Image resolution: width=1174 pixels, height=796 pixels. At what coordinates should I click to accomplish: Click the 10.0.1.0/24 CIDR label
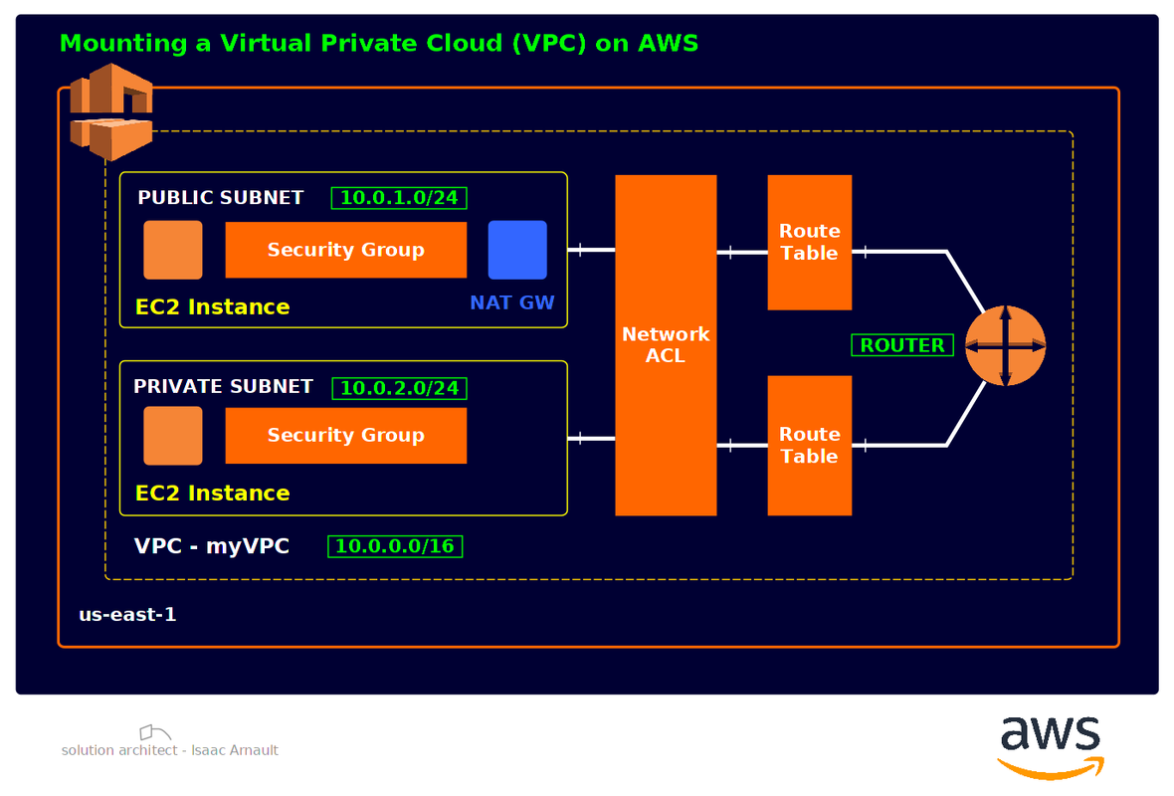[399, 198]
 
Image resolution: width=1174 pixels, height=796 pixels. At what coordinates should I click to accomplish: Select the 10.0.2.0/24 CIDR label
[399, 388]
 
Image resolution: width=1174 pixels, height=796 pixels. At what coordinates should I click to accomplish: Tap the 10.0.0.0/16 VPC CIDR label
[395, 546]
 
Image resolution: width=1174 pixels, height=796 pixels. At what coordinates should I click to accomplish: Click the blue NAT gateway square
[517, 250]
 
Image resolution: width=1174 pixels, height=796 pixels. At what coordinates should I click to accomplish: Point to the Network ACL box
[666, 345]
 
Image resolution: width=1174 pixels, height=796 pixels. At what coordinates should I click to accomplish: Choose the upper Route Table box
[809, 242]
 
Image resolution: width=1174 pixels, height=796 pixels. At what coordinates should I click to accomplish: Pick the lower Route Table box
[809, 445]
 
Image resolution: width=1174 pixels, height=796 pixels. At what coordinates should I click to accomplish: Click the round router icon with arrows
[1006, 345]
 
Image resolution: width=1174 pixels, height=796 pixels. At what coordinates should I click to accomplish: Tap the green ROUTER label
[902, 345]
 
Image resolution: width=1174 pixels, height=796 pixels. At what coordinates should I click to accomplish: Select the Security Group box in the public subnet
[345, 250]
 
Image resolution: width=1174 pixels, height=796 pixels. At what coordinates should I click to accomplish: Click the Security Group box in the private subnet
[345, 435]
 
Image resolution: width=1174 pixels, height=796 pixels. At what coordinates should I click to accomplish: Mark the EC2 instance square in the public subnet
[173, 250]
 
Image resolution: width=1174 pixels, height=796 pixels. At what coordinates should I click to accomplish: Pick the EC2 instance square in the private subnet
[173, 436]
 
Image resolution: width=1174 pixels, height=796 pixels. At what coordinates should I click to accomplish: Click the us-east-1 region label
[127, 615]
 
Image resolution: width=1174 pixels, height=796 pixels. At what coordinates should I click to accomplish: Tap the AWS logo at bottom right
[1051, 745]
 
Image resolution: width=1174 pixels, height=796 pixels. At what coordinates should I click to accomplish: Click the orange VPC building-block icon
[110, 111]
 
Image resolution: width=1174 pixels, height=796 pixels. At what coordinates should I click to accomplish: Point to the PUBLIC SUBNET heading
[220, 197]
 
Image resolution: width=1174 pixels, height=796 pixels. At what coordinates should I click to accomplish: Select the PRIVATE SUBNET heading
[223, 386]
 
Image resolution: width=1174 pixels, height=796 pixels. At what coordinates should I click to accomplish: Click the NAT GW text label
[512, 302]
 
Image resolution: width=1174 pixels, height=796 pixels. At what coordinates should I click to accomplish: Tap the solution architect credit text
[170, 750]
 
